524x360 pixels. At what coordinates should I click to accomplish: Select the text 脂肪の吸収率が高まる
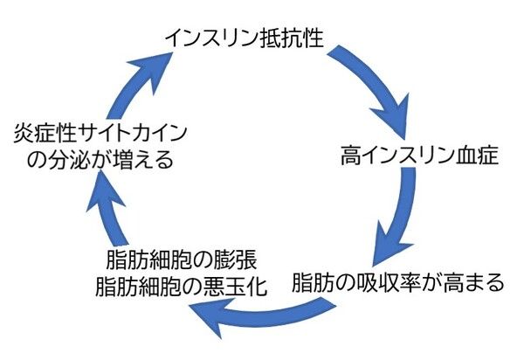tap(396, 284)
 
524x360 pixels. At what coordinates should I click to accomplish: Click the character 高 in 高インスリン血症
tap(348, 158)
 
